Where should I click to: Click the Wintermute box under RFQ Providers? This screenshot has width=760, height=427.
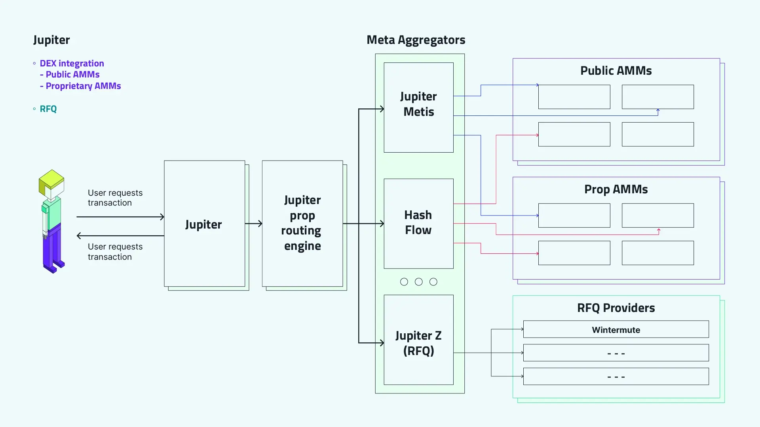click(x=616, y=329)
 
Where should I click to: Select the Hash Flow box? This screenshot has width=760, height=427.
click(x=418, y=223)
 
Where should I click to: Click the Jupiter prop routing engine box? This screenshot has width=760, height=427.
click(x=302, y=223)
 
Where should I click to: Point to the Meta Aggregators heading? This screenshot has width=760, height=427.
click(x=416, y=40)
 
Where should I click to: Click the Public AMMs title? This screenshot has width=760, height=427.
click(x=616, y=71)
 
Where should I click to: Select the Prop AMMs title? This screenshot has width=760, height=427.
click(x=616, y=189)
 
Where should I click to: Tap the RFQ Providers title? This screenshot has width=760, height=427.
click(x=616, y=308)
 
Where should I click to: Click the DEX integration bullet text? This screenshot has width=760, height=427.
click(x=72, y=64)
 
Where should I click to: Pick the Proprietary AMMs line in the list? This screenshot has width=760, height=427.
click(x=83, y=86)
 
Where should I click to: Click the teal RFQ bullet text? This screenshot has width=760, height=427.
click(x=48, y=109)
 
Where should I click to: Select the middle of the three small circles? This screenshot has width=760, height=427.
click(x=418, y=282)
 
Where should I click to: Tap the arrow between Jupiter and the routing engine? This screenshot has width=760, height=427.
click(x=253, y=224)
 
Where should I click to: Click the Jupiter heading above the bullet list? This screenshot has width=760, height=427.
click(x=51, y=40)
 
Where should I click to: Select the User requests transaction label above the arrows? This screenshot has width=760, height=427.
click(x=115, y=198)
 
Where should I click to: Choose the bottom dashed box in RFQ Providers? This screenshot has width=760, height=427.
click(x=616, y=376)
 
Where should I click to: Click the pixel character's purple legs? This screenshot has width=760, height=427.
click(x=53, y=249)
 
